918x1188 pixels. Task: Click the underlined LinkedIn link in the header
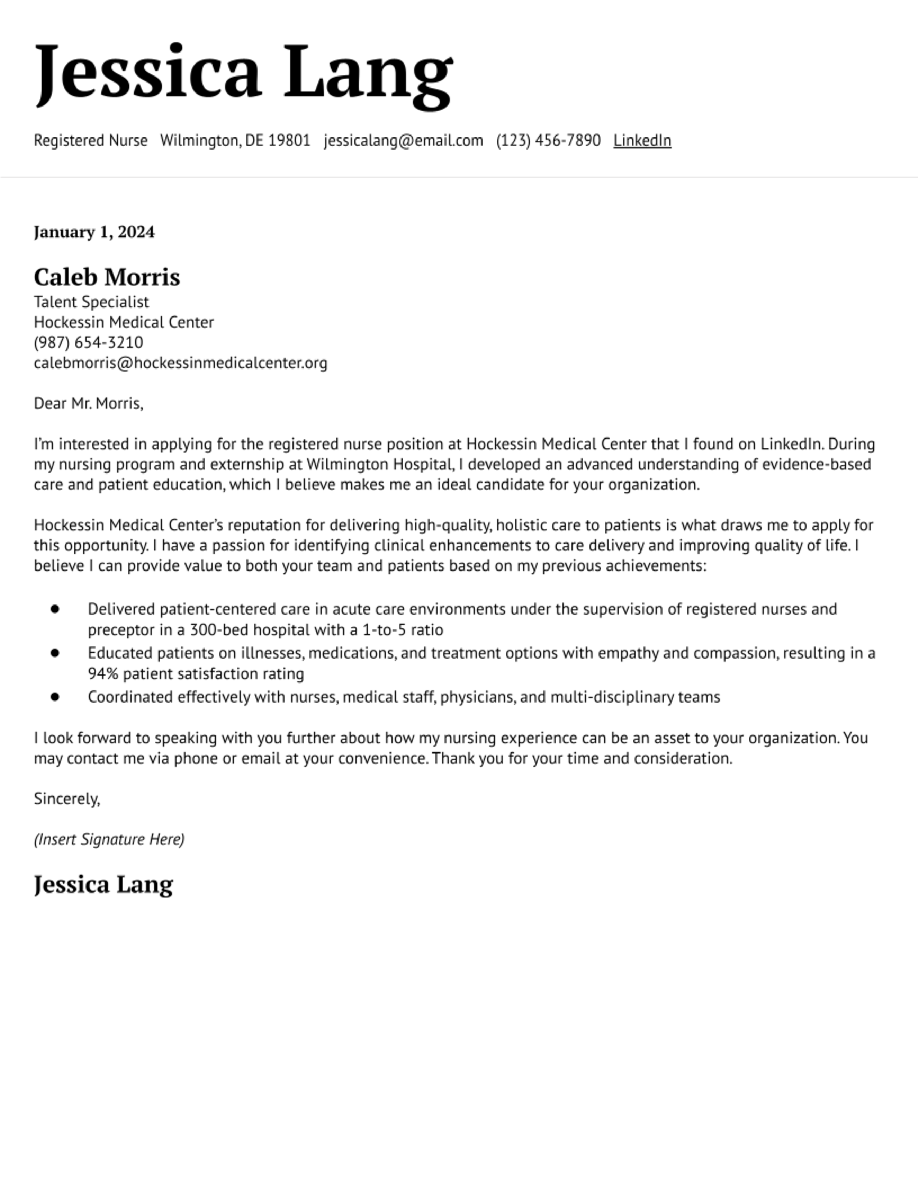[x=642, y=140]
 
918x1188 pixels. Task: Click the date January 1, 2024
[x=94, y=232]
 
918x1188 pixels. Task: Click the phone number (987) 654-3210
[x=88, y=343]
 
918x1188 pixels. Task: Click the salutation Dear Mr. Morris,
[x=88, y=404]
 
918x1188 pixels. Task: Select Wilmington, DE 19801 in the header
[x=235, y=140]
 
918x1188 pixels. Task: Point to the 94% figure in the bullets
[x=103, y=674]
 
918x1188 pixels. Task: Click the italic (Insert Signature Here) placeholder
[x=109, y=839]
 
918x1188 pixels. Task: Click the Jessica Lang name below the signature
[x=103, y=885]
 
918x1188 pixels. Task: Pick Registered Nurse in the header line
[x=90, y=140]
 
